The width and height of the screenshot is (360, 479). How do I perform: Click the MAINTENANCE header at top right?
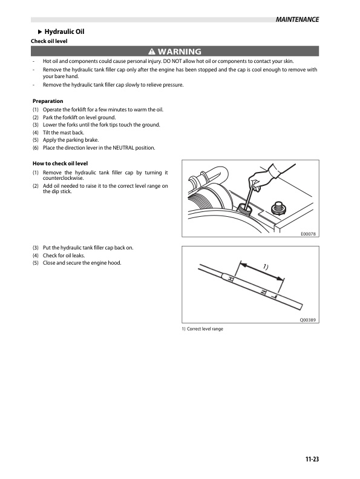297,19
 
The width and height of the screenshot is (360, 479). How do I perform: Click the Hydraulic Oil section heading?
64,31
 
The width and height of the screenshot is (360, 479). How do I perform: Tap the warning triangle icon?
152,51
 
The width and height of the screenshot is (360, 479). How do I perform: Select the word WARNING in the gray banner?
180,51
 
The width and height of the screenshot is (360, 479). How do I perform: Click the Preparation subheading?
48,101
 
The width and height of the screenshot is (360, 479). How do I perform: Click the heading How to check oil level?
60,164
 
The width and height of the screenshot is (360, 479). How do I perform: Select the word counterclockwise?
63,178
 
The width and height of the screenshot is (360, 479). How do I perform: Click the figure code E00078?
309,234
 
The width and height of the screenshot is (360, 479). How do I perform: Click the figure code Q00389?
308,320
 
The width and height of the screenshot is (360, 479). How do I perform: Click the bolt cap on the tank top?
279,208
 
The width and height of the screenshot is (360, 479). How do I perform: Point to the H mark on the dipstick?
231,279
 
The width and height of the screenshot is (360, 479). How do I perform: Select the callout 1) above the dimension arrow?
266,267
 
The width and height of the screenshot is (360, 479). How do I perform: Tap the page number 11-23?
312,459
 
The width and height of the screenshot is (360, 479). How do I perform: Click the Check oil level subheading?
49,41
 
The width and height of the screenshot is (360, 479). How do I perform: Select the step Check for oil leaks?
64,256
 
